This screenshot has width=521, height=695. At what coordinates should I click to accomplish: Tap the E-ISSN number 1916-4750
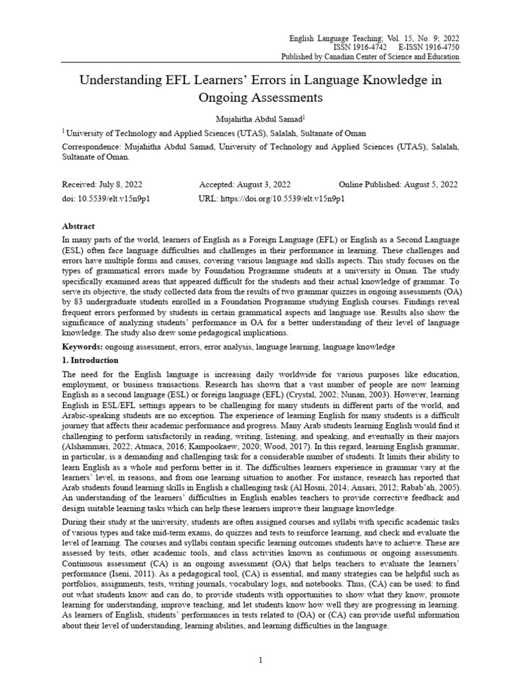pyautogui.click(x=440, y=48)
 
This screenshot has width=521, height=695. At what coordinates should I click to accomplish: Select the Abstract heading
pyautogui.click(x=79, y=226)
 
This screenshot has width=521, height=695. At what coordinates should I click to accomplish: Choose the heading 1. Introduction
pyautogui.click(x=90, y=360)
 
